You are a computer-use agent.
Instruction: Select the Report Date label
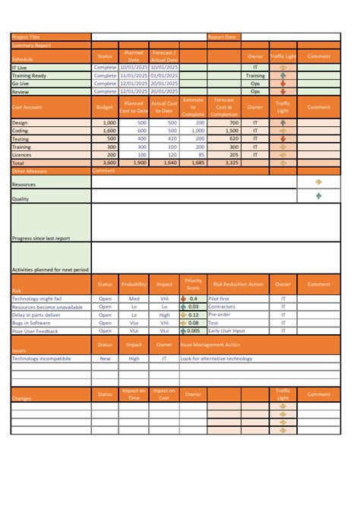pos(222,36)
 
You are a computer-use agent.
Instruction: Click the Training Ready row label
pos(30,76)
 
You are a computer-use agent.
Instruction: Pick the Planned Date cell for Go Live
pos(134,84)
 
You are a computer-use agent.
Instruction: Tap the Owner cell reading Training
pos(255,76)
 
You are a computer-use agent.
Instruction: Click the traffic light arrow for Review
pos(283,91)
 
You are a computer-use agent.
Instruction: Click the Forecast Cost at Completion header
pos(224,107)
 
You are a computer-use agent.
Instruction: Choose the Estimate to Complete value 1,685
pos(194,163)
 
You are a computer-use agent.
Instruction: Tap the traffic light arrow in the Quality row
pos(318,196)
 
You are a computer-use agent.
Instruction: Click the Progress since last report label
pos(41,238)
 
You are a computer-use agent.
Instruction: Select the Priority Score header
pos(193,284)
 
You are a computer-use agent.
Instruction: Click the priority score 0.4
pos(194,299)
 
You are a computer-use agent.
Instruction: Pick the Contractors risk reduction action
pos(221,307)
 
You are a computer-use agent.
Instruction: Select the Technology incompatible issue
pos(42,358)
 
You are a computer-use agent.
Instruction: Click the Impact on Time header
pos(134,394)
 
